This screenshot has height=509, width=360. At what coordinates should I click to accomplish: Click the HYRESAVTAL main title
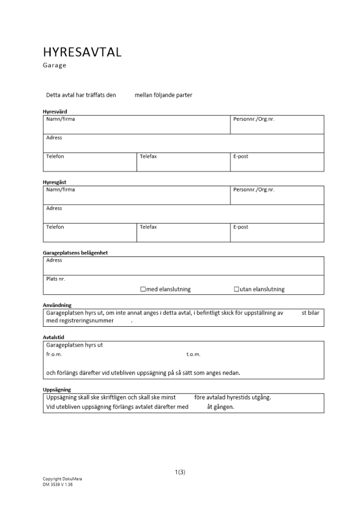pyautogui.click(x=82, y=52)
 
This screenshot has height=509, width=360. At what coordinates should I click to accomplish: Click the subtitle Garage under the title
pyautogui.click(x=54, y=65)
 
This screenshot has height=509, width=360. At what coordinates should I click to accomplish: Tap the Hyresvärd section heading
pyautogui.click(x=54, y=111)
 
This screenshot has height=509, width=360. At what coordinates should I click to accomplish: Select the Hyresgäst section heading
pyautogui.click(x=54, y=182)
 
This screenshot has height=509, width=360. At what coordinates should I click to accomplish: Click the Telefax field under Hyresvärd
pyautogui.click(x=183, y=162)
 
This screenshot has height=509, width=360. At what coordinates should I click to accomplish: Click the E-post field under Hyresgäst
pyautogui.click(x=277, y=233)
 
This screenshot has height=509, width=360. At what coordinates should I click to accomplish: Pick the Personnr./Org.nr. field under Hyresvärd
pyautogui.click(x=277, y=125)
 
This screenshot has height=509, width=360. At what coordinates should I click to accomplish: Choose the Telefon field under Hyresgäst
pyautogui.click(x=90, y=233)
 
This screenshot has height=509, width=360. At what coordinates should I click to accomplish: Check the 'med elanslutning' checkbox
pyautogui.click(x=143, y=289)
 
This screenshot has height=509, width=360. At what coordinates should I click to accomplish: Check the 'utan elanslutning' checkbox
pyautogui.click(x=236, y=289)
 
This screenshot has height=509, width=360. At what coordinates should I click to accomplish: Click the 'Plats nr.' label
pyautogui.click(x=56, y=278)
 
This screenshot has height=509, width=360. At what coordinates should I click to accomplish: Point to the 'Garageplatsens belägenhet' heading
pyautogui.click(x=75, y=253)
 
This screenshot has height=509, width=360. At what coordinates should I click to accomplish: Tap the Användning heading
pyautogui.click(x=57, y=305)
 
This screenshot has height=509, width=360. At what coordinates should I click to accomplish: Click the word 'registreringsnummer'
pyautogui.click(x=87, y=321)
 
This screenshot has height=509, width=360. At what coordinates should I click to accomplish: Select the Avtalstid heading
pyautogui.click(x=53, y=337)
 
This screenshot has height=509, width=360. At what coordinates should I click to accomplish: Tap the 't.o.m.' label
pyautogui.click(x=193, y=354)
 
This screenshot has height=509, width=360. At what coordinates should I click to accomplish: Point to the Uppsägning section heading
pyautogui.click(x=57, y=390)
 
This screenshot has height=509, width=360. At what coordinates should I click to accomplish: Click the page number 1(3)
pyautogui.click(x=180, y=472)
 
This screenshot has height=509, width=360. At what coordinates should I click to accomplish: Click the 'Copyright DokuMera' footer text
pyautogui.click(x=62, y=479)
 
